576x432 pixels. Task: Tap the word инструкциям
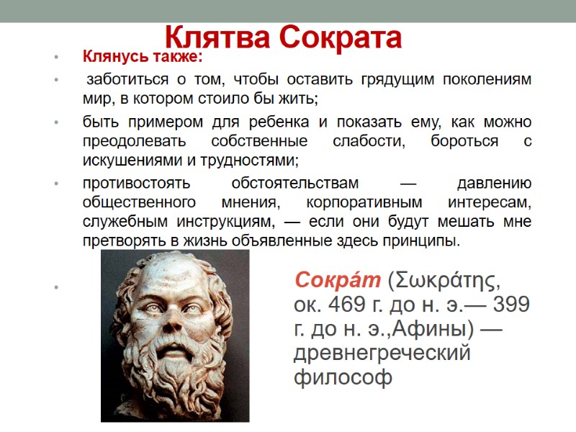pos(210,221)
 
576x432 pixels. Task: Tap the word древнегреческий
pos(382,354)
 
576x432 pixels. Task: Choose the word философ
pos(343,378)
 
